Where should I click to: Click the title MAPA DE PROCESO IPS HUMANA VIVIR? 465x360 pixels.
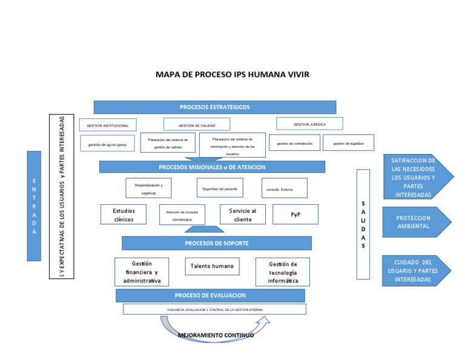[x=232, y=75]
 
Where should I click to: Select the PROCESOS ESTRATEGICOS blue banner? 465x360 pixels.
[x=214, y=107]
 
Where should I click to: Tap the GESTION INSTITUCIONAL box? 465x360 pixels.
[x=108, y=125]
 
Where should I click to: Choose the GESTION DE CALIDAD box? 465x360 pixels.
[x=197, y=125]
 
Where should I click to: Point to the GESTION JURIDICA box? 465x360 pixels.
[x=309, y=124]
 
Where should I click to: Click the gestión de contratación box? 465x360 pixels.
[x=294, y=143]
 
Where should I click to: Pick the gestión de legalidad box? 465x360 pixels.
[x=348, y=143]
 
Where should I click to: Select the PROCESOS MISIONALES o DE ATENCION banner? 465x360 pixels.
[x=212, y=167]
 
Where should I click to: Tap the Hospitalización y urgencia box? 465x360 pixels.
[x=148, y=187]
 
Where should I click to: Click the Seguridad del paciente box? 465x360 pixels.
[x=220, y=188]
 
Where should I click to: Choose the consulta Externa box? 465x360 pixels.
[x=284, y=188]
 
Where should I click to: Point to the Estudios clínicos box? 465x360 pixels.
[x=124, y=215]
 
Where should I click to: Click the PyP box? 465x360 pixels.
[x=295, y=215]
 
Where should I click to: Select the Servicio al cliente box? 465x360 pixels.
[x=242, y=215]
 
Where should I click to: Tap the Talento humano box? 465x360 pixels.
[x=212, y=266]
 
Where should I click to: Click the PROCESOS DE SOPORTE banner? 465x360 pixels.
[x=216, y=243]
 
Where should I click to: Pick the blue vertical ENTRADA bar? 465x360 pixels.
[x=34, y=206]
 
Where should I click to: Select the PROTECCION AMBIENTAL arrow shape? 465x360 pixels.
[x=416, y=222]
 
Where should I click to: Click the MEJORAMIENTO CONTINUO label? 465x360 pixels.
[x=216, y=335]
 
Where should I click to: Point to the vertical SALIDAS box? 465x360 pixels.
[x=363, y=224]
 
